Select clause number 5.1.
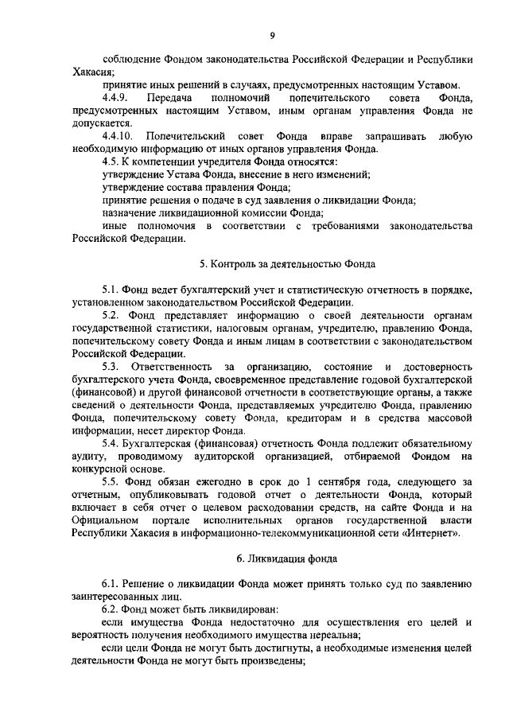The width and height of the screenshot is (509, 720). coord(112,289)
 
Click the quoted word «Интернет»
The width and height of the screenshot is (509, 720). coord(436,531)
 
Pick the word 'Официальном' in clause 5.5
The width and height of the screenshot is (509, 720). coord(110,519)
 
